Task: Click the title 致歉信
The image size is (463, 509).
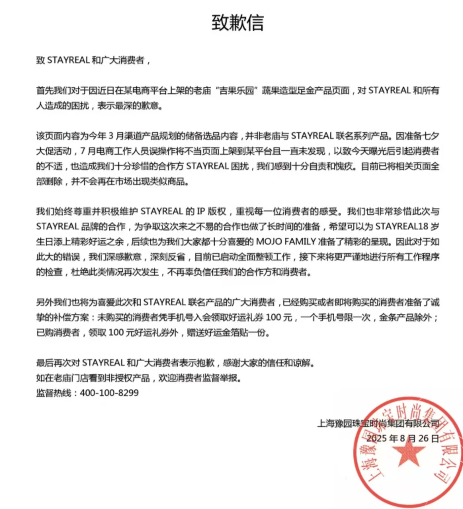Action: click(x=237, y=22)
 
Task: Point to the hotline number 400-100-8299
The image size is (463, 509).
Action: click(x=109, y=393)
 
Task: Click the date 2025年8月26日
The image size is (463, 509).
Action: click(x=402, y=439)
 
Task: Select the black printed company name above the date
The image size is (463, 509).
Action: click(x=378, y=423)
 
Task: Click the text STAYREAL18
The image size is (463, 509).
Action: click(x=402, y=226)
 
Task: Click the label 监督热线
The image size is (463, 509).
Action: click(x=54, y=393)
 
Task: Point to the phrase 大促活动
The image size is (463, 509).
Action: click(x=54, y=151)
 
